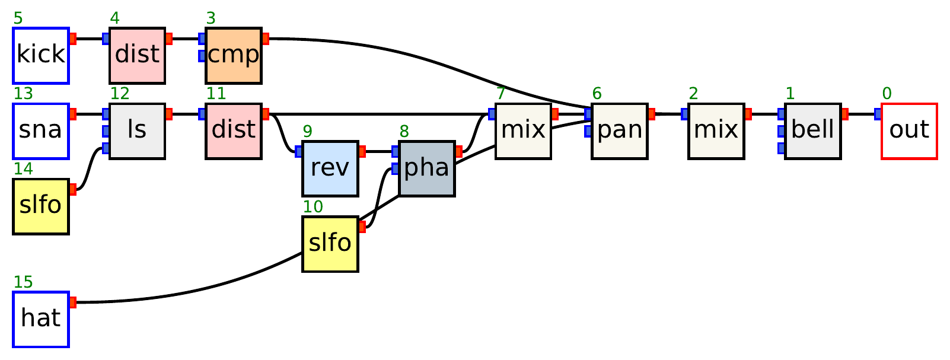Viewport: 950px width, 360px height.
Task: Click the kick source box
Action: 41,55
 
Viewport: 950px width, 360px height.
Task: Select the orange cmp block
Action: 234,55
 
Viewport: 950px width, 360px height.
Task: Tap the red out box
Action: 909,131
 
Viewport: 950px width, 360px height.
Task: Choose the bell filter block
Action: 812,131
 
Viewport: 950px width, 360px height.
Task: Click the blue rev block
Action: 330,168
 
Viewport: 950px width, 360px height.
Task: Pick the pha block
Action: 427,168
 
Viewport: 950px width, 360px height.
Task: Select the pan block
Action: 620,131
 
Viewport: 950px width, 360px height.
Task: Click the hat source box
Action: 41,319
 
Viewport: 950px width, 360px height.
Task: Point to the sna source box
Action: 41,131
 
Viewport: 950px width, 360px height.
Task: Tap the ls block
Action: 137,131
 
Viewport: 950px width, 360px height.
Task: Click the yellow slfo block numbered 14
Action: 41,206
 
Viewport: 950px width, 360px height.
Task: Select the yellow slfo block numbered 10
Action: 330,244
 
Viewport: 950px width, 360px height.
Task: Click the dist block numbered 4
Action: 137,55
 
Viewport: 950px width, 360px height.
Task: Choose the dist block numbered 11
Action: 234,131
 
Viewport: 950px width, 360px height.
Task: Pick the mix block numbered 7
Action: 523,131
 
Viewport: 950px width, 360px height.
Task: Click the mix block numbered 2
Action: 716,131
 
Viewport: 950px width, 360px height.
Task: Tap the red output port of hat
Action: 73,302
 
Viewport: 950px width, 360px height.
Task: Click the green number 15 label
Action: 23,282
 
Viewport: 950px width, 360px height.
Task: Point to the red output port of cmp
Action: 265,39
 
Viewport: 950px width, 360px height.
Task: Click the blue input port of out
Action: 878,114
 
